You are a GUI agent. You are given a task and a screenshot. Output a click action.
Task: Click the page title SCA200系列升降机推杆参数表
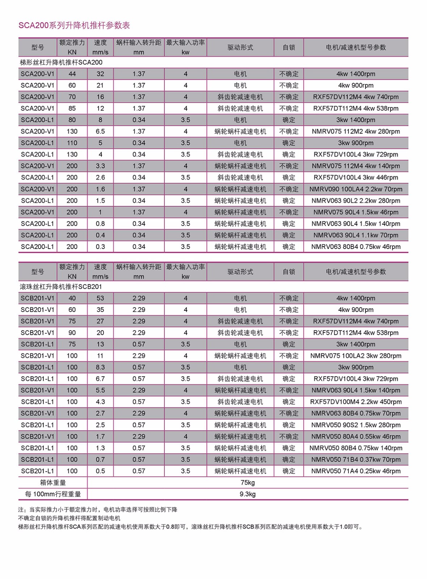tap(74, 25)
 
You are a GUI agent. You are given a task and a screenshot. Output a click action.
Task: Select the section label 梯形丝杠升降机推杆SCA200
tap(61, 62)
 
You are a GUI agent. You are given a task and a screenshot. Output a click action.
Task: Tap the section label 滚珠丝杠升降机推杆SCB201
tap(61, 287)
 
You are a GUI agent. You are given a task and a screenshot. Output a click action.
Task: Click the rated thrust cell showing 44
tap(72, 74)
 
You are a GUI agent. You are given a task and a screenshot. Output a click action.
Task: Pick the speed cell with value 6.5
tap(100, 131)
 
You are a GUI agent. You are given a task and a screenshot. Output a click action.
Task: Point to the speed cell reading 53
tap(100, 298)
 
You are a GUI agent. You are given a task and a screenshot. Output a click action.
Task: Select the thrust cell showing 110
tap(72, 143)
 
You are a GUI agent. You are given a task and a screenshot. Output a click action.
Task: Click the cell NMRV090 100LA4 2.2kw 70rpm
tap(356, 189)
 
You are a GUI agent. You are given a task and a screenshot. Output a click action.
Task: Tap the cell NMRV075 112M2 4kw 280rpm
tap(356, 131)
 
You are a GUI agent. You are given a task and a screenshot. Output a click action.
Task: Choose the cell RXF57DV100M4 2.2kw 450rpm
tap(356, 402)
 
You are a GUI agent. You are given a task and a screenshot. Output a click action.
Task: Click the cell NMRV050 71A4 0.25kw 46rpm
tap(356, 471)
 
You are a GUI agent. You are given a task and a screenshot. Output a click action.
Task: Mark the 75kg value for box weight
tap(247, 483)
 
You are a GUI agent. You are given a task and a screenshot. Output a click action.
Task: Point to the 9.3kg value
tap(247, 494)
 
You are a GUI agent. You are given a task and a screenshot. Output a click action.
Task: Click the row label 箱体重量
tap(53, 483)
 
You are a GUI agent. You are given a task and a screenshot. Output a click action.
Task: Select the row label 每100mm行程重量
tap(53, 494)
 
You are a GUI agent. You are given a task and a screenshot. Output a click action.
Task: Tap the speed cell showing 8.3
tap(100, 367)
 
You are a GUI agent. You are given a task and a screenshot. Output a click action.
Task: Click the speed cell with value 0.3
tap(100, 247)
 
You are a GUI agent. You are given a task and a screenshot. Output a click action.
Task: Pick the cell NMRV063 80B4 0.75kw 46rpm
tap(356, 247)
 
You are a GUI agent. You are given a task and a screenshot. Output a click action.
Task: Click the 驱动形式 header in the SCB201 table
tap(240, 272)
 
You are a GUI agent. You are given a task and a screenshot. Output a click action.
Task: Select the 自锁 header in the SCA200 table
tap(289, 47)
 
